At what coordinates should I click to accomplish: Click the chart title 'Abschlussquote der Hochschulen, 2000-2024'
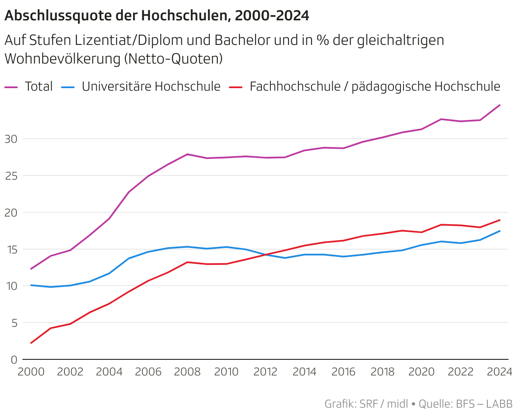point(157,16)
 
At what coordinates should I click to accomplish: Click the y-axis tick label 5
point(14,323)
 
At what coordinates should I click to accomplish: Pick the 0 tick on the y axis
point(14,360)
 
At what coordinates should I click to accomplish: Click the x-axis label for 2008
point(187,372)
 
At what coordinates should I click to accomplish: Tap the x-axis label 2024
point(500,372)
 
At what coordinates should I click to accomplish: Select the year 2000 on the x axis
point(31,372)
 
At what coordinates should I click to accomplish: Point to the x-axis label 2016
point(344,372)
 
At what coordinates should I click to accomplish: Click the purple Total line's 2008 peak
point(187,154)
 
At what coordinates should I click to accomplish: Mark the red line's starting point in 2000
point(31,343)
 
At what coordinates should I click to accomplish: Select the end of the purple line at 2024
point(500,105)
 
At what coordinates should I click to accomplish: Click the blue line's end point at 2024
point(500,231)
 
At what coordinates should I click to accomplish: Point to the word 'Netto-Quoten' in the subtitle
point(173,59)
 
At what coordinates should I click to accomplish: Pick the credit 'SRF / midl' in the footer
point(384,404)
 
